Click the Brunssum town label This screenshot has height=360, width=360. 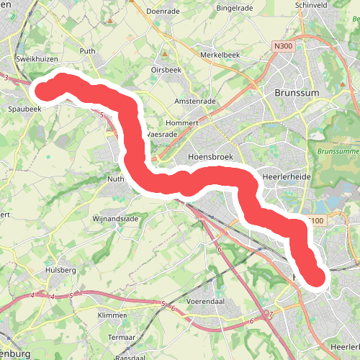click(x=297, y=93)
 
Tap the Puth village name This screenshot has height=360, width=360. click(x=88, y=51)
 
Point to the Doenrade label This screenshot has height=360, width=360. click(x=161, y=12)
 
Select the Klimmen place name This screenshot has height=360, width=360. click(x=112, y=315)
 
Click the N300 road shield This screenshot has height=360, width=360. click(x=283, y=45)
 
